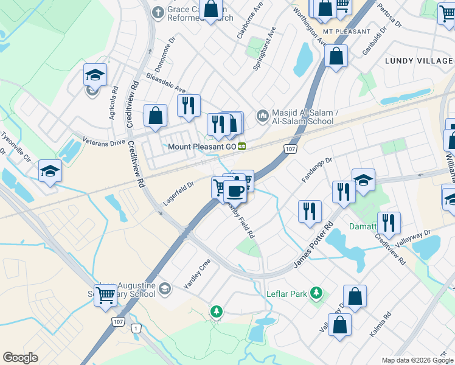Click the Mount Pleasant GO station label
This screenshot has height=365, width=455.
(202, 147)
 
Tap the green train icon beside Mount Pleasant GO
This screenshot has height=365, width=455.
(242, 147)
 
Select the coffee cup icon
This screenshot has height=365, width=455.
(234, 191)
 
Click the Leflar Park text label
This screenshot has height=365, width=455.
(287, 294)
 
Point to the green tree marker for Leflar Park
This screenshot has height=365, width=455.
(315, 294)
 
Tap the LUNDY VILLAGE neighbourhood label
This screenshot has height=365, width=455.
(419, 61)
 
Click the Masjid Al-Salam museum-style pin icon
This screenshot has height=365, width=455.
(262, 114)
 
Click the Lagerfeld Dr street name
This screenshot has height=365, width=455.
(178, 193)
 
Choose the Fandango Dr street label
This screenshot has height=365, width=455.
(316, 170)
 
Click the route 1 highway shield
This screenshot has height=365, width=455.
(137, 328)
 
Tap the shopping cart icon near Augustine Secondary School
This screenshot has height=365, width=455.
(106, 294)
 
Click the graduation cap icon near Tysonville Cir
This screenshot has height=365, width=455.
(50, 171)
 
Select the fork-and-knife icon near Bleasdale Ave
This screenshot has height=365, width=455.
(189, 105)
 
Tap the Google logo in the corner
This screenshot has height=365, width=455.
(21, 358)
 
